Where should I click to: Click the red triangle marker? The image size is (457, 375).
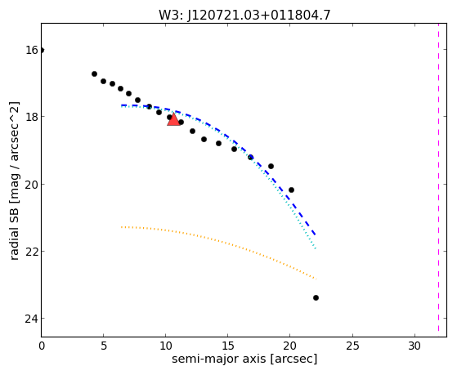click(x=173, y=119)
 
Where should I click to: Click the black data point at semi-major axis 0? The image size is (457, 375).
click(x=42, y=50)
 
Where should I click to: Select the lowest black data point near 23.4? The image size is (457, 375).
click(x=316, y=297)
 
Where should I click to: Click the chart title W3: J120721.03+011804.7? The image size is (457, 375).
click(x=244, y=15)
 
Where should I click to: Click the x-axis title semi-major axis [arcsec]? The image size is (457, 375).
click(x=244, y=359)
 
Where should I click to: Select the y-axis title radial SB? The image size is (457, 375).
click(x=14, y=181)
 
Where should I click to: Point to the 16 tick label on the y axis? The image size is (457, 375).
click(x=32, y=50)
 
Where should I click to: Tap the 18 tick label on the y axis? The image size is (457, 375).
click(x=32, y=117)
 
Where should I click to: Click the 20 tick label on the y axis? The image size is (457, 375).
click(x=32, y=184)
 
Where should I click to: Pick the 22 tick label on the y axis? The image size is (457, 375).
click(x=32, y=251)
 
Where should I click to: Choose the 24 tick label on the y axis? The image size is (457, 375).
click(x=32, y=319)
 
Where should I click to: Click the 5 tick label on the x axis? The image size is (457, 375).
click(x=104, y=346)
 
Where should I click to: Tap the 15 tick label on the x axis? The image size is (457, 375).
click(x=228, y=346)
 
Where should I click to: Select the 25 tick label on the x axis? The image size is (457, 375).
click(x=352, y=346)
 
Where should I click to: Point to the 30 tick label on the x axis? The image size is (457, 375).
click(x=414, y=346)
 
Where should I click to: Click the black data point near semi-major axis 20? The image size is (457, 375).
click(x=291, y=190)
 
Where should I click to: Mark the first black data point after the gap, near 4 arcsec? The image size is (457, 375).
click(x=94, y=74)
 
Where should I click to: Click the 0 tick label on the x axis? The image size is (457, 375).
click(x=42, y=346)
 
